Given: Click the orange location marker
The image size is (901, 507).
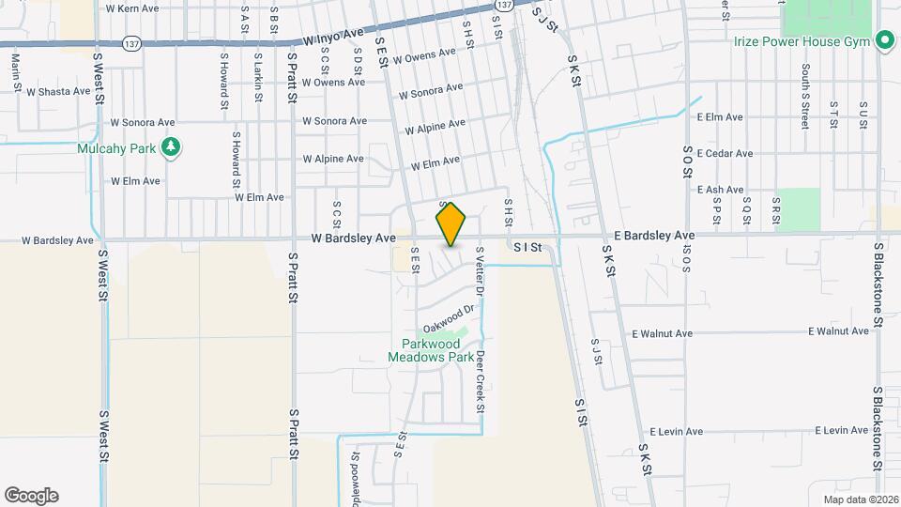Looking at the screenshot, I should [x=451, y=224].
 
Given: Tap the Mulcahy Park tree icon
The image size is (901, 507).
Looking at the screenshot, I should [x=170, y=146].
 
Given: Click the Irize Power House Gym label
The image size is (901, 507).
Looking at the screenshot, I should [x=802, y=40].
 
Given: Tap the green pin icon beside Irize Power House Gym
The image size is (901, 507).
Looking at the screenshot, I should [x=883, y=40].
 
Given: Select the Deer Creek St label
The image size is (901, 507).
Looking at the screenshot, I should [x=479, y=381].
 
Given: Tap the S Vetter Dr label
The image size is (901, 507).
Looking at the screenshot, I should [x=479, y=272].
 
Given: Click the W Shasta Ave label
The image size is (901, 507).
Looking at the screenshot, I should [x=58, y=92].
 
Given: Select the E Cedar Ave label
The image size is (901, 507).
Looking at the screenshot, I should [x=725, y=153].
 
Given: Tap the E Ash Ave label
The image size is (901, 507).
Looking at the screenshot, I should [x=720, y=190].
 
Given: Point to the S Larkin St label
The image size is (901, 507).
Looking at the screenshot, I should [x=257, y=70].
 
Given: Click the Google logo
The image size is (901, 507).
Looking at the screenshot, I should [x=31, y=495].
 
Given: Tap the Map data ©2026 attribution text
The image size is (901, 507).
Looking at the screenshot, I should [x=859, y=499].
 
